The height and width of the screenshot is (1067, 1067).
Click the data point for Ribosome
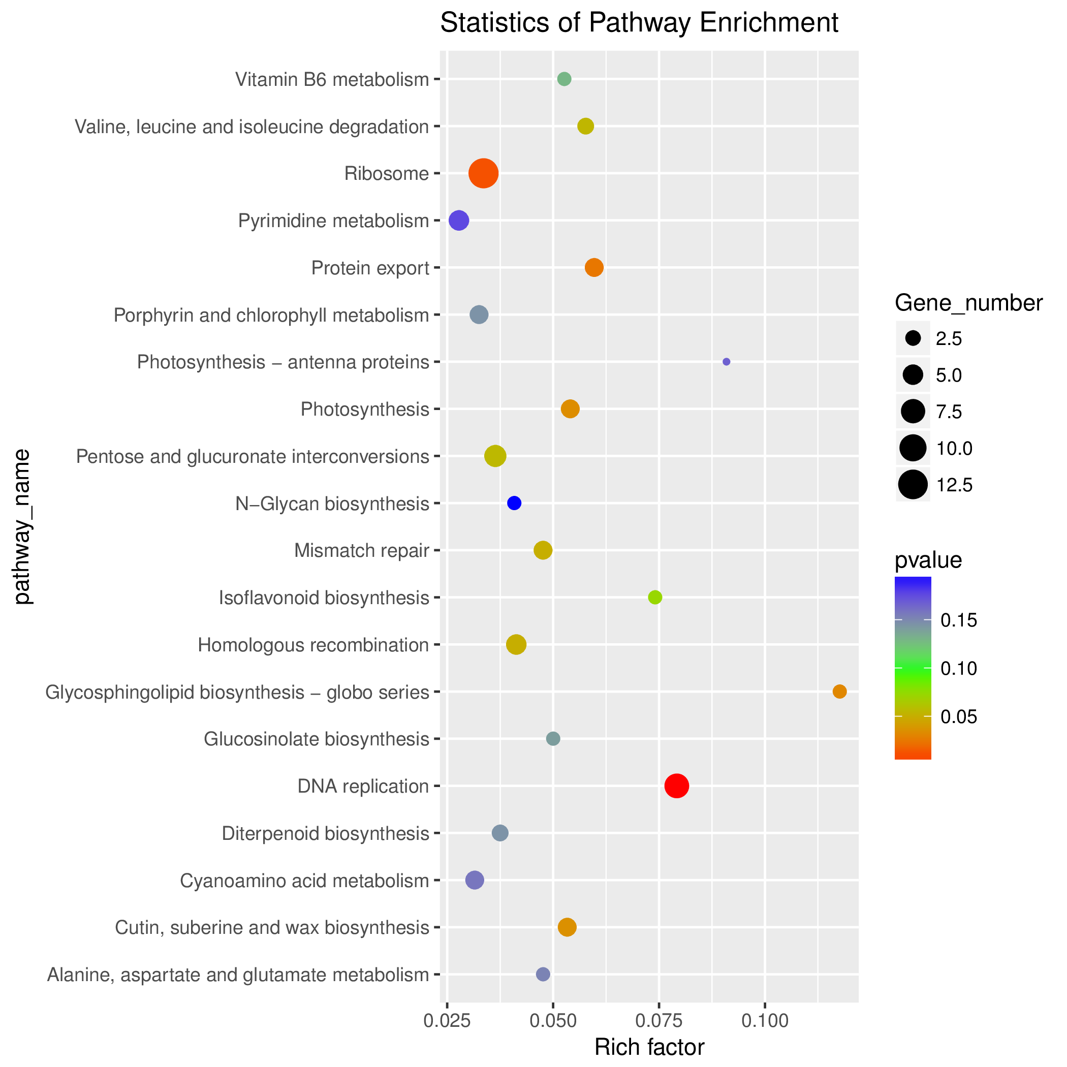click(x=483, y=173)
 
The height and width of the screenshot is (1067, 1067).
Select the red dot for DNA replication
click(x=677, y=786)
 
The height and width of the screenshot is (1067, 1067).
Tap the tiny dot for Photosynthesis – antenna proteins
click(x=726, y=362)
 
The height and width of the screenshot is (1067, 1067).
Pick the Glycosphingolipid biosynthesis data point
click(x=839, y=692)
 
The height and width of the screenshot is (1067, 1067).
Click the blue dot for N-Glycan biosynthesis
click(x=514, y=503)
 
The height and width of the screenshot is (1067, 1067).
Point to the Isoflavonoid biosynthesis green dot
click(x=655, y=597)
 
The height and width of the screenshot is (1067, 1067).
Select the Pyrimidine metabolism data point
click(x=459, y=221)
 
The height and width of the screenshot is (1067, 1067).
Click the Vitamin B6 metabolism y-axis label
click(x=332, y=80)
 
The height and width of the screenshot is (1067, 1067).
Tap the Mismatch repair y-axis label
click(x=362, y=551)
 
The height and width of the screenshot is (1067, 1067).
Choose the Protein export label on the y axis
click(x=370, y=268)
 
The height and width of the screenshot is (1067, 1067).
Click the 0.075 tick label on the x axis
click(x=659, y=1021)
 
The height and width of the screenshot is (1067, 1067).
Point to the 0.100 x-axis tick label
click(x=765, y=1021)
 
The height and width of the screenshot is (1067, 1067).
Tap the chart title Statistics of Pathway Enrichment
click(x=639, y=23)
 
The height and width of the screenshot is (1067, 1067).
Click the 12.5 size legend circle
click(x=913, y=485)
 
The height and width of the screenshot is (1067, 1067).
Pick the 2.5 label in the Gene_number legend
click(x=949, y=338)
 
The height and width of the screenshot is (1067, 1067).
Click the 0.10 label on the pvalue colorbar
click(x=959, y=669)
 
